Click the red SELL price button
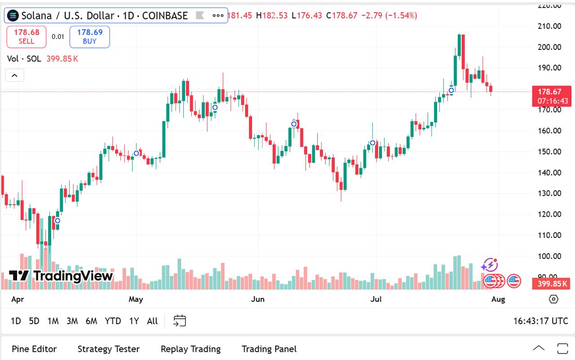[x=27, y=36]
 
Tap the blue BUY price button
[x=89, y=36]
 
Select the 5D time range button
[x=34, y=321]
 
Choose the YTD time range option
[x=113, y=321]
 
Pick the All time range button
[x=152, y=321]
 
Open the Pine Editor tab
[x=35, y=349]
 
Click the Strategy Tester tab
[x=109, y=349]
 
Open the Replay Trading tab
[x=190, y=349]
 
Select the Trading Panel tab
[x=269, y=349]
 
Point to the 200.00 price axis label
[x=550, y=47]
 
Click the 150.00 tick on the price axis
[x=550, y=152]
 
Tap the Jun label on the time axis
[x=258, y=299]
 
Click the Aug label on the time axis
[x=498, y=299]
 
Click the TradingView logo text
[x=61, y=276]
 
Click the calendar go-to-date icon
[x=180, y=320]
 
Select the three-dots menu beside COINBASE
[x=218, y=16]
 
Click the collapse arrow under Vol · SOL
[x=14, y=75]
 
